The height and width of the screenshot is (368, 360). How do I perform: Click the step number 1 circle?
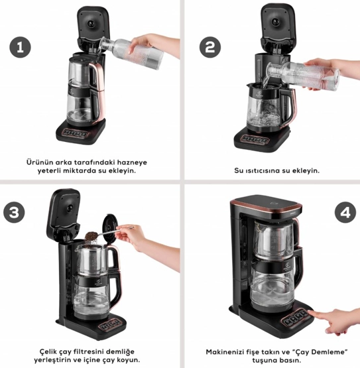pyautogui.click(x=20, y=47)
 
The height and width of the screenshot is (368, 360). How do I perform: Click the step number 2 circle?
pyautogui.click(x=210, y=47)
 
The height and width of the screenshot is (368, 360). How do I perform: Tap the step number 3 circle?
pyautogui.click(x=14, y=212)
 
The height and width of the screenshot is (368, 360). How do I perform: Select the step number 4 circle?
pyautogui.click(x=345, y=213)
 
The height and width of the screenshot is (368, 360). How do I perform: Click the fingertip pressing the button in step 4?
pyautogui.click(x=311, y=312)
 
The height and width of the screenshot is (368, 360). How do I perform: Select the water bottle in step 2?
pyautogui.click(x=303, y=75)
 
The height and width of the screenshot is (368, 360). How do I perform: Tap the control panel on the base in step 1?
pyautogui.click(x=76, y=134)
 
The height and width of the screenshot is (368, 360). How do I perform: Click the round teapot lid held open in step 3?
pyautogui.click(x=109, y=228)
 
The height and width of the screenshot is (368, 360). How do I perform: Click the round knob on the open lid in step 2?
pyautogui.click(x=275, y=23)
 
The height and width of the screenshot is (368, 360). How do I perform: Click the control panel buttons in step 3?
pyautogui.click(x=109, y=325)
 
